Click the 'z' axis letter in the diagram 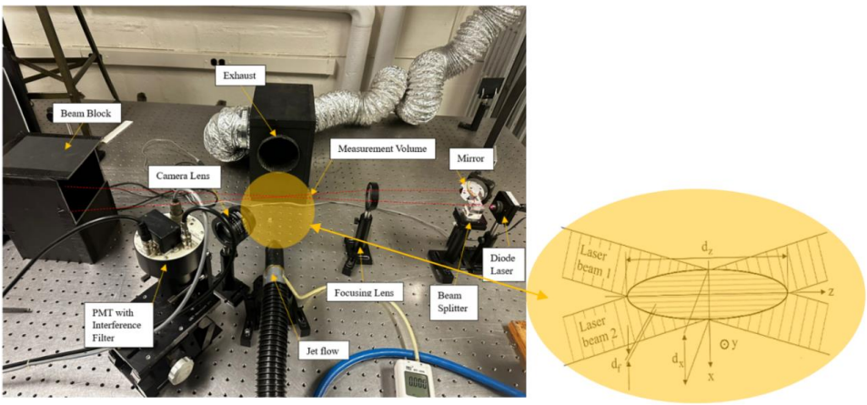click(x=830, y=291)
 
